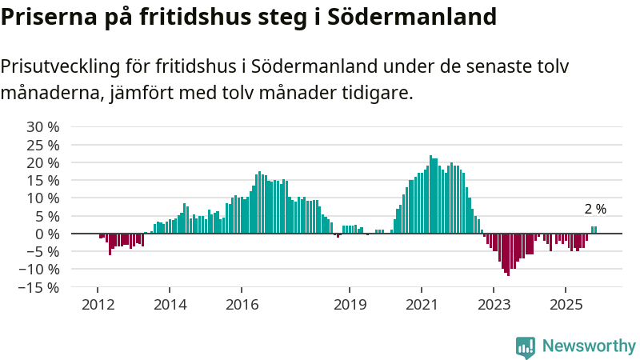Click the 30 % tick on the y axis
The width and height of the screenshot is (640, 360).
click(43, 126)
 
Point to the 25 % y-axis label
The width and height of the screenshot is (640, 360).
click(43, 145)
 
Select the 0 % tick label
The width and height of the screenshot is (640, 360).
click(47, 234)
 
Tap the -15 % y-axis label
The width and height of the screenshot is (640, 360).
click(40, 287)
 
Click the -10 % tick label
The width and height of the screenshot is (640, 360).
click(40, 270)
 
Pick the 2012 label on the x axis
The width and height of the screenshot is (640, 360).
click(98, 304)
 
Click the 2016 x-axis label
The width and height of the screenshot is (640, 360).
click(242, 304)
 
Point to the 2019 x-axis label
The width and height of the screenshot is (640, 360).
click(350, 304)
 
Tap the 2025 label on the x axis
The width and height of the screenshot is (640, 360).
click(566, 304)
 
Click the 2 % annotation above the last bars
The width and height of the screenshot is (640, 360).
click(595, 209)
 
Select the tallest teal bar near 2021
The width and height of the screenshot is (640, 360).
click(430, 194)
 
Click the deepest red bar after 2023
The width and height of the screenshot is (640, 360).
click(508, 254)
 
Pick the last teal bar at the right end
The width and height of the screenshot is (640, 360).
click(595, 230)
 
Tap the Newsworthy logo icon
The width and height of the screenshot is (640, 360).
click(526, 346)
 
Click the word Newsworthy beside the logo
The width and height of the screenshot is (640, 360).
click(589, 346)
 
